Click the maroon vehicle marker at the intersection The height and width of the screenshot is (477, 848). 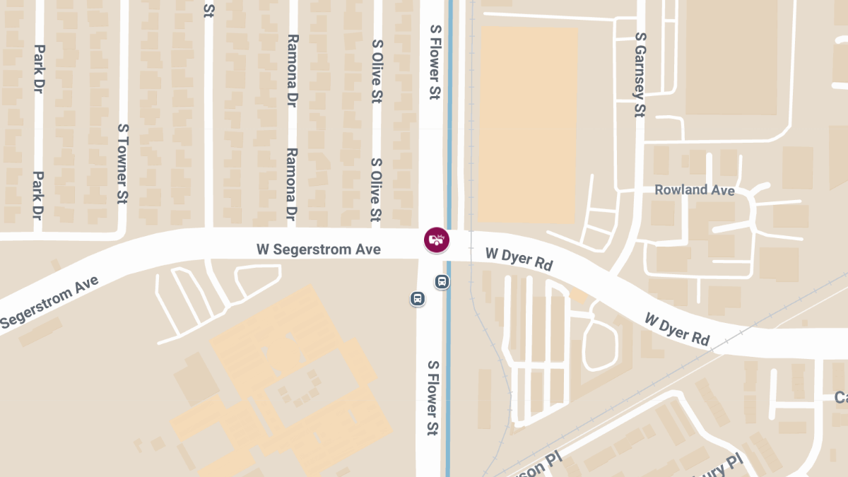[x=436, y=240]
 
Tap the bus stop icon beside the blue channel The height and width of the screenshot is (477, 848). [x=442, y=282]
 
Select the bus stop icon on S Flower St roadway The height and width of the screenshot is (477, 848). [x=418, y=299]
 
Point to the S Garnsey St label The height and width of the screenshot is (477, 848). [x=640, y=73]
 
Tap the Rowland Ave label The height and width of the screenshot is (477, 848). [x=694, y=190]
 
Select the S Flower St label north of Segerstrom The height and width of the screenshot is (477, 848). [x=435, y=61]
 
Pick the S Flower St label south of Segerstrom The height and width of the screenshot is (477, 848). [x=432, y=397]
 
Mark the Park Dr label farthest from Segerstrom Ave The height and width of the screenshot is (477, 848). [x=40, y=69]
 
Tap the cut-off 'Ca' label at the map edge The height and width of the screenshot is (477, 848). [x=840, y=397]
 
